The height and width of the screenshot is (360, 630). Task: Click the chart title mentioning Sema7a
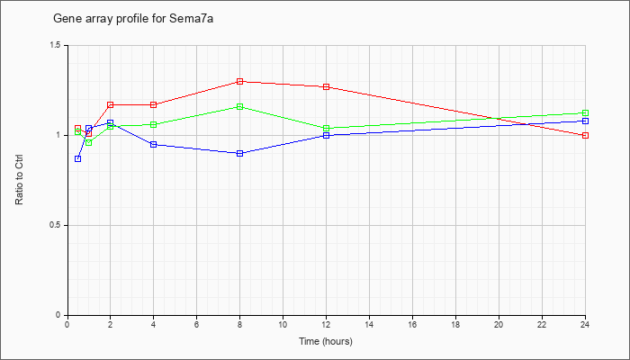point(133,19)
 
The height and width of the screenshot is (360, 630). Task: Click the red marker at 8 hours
point(240,82)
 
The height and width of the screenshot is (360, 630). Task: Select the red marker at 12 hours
point(326,86)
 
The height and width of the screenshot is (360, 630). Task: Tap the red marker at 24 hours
point(585,135)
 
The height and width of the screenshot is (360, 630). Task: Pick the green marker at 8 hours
point(240,106)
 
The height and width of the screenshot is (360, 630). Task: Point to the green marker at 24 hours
point(585,112)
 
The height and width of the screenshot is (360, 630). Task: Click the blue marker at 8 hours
point(240,154)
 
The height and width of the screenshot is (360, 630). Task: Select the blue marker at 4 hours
point(154,144)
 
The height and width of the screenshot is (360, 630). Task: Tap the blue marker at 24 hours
point(585,121)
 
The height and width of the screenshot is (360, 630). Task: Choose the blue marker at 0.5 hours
point(78,158)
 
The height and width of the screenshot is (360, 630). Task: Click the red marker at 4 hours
point(154,105)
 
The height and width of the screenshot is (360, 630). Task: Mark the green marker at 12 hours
point(326,128)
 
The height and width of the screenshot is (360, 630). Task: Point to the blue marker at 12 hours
point(326,135)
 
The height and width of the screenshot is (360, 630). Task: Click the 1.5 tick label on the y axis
point(56,45)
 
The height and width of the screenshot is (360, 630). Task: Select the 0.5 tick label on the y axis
point(56,225)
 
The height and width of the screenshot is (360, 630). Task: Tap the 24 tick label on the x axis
point(585,324)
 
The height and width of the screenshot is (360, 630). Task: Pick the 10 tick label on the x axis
point(283,324)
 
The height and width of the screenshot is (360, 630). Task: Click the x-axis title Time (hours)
point(326,341)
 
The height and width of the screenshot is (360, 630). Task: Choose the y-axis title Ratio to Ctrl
point(19,179)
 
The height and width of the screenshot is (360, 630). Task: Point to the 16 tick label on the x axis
point(412,324)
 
